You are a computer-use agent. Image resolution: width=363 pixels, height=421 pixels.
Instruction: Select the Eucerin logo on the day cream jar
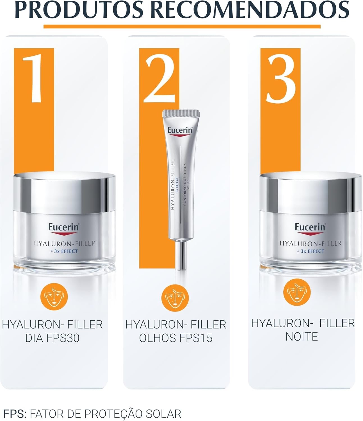coord(63,227)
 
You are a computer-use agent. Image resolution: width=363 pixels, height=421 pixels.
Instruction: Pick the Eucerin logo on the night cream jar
coord(310,227)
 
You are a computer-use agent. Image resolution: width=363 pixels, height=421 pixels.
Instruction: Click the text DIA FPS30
coord(52,338)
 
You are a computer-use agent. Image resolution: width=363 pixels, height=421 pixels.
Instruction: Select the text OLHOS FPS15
coord(176,338)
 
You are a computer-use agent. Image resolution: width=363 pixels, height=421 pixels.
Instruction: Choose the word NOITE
coord(302,337)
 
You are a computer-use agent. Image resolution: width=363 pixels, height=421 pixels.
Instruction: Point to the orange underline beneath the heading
coord(182,27)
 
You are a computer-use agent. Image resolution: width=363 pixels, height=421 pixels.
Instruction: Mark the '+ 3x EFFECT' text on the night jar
coord(311,251)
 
